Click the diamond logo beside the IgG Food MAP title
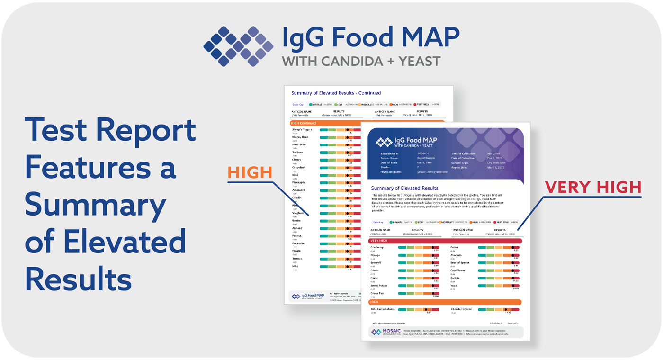click(238, 46)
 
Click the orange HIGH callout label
click(250, 172)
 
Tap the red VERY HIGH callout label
click(593, 187)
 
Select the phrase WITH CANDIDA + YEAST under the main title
click(361, 61)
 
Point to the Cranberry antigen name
click(377, 247)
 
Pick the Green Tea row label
click(377, 293)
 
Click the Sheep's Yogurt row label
click(301, 129)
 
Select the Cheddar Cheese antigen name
click(461, 309)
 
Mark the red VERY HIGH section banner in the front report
click(445, 241)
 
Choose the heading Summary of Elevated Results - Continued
click(336, 93)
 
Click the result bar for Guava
click(498, 247)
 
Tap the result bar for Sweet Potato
click(419, 286)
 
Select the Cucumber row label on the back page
click(299, 243)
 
